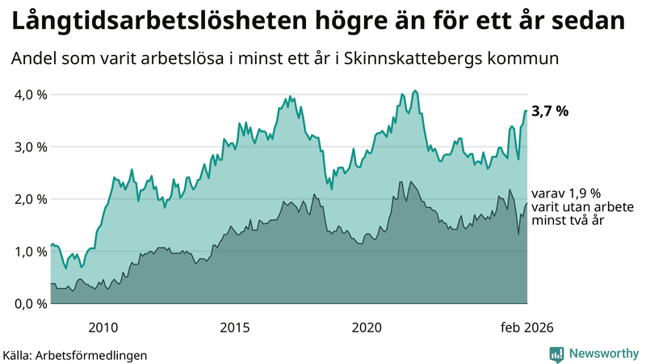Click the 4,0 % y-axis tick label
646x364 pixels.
coord(31,95)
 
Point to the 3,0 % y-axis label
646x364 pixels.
coord(31,147)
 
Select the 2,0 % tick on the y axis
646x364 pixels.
coord(31,199)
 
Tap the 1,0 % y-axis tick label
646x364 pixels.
coord(31,252)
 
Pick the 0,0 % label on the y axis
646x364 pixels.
coord(31,304)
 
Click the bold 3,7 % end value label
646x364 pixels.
coord(549,112)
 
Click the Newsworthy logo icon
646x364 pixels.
coord(556,353)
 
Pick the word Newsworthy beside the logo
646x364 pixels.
coord(604,353)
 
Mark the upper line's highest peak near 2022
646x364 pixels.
coord(415,91)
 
